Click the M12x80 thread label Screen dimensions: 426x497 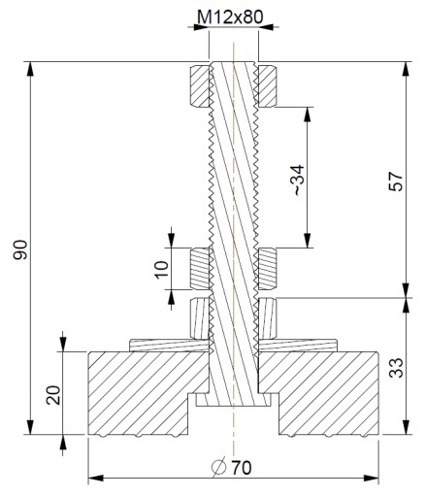pyautogui.click(x=230, y=17)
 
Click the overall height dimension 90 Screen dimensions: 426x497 pyautogui.click(x=19, y=249)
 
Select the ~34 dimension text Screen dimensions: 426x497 pyautogui.click(x=299, y=180)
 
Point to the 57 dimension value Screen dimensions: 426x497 pyautogui.click(x=396, y=182)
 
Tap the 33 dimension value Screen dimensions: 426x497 pyautogui.click(x=396, y=368)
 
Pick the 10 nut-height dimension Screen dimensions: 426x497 pyautogui.click(x=162, y=269)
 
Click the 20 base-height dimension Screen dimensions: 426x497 pyautogui.click(x=53, y=395)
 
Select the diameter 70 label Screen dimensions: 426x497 pyautogui.click(x=231, y=467)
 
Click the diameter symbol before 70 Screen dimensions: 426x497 pyautogui.click(x=218, y=468)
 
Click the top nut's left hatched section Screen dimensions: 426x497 pyautogui.click(x=199, y=86)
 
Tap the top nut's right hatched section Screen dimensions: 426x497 pyautogui.click(x=267, y=86)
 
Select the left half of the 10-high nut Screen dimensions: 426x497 pyautogui.click(x=200, y=269)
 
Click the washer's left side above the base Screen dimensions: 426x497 pyautogui.click(x=168, y=346)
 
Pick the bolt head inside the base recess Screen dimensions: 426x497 pyautogui.click(x=234, y=400)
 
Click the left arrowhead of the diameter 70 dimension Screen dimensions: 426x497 pyautogui.click(x=96, y=479)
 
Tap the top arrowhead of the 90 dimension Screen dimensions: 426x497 pyautogui.click(x=30, y=69)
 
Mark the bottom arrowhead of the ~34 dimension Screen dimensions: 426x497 pyautogui.click(x=308, y=241)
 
